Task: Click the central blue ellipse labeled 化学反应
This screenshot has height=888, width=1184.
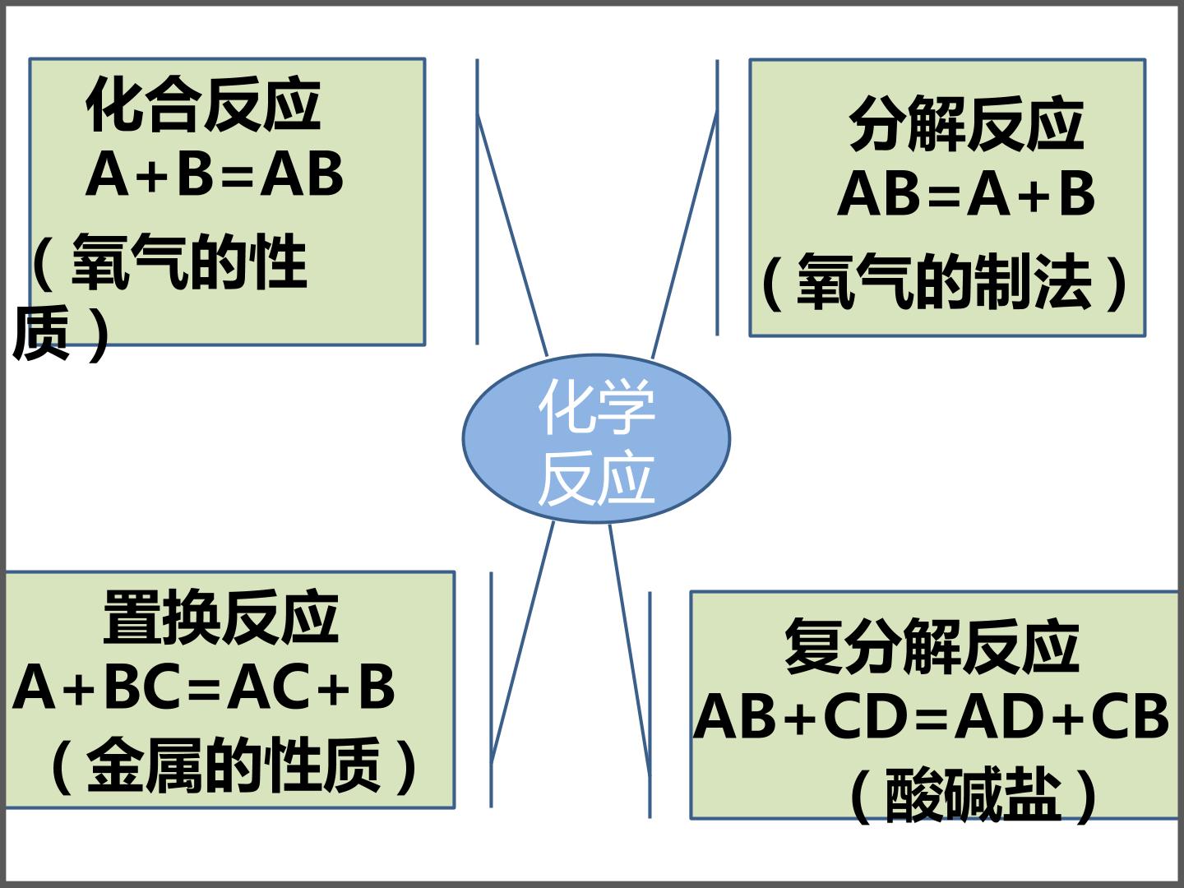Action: click(x=596, y=438)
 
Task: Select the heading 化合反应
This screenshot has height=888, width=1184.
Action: click(x=203, y=104)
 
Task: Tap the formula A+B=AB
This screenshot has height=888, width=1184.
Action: click(x=214, y=173)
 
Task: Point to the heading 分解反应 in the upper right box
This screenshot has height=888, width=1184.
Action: click(x=966, y=123)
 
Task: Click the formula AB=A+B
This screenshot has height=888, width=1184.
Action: click(x=966, y=193)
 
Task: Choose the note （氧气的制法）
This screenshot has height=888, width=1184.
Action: click(x=945, y=281)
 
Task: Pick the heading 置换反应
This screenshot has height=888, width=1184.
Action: click(x=221, y=617)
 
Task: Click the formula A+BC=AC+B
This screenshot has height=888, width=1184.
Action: click(x=204, y=687)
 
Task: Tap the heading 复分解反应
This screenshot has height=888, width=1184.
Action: click(x=932, y=645)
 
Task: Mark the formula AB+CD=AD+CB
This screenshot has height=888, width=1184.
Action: click(x=931, y=715)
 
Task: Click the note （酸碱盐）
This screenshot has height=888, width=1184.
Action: click(x=973, y=795)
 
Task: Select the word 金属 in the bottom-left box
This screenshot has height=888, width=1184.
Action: click(x=146, y=765)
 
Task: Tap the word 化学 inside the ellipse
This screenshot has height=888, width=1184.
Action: click(x=597, y=406)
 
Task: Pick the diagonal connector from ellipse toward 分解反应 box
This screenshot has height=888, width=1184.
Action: click(x=685, y=234)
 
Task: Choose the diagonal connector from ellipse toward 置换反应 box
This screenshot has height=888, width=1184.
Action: click(x=522, y=642)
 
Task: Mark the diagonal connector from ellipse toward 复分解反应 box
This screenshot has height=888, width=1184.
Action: click(x=630, y=650)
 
